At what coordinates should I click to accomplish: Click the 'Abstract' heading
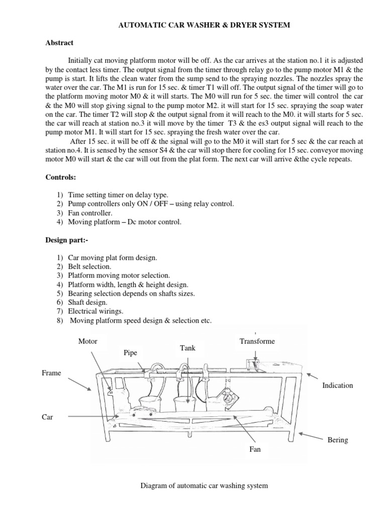[x=59, y=43]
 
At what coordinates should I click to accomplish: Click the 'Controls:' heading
[x=60, y=177]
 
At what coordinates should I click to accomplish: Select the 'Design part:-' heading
[x=66, y=240]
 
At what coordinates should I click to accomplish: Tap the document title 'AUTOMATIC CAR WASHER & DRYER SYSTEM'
[x=193, y=25]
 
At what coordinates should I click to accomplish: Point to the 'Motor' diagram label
[x=87, y=341]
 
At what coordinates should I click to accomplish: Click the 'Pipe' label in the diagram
[x=130, y=353]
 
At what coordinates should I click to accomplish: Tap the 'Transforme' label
[x=257, y=341]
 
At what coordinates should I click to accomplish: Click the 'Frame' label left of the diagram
[x=51, y=373]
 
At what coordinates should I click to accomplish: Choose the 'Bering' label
[x=338, y=440]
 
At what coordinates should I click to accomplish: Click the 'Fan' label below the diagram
[x=255, y=449]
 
